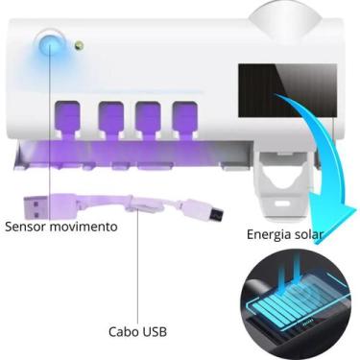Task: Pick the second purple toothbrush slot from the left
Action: pyautogui.click(x=109, y=112)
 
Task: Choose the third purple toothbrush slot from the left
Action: pyautogui.click(x=146, y=112)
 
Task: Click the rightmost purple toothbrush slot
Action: pyautogui.click(x=182, y=112)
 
